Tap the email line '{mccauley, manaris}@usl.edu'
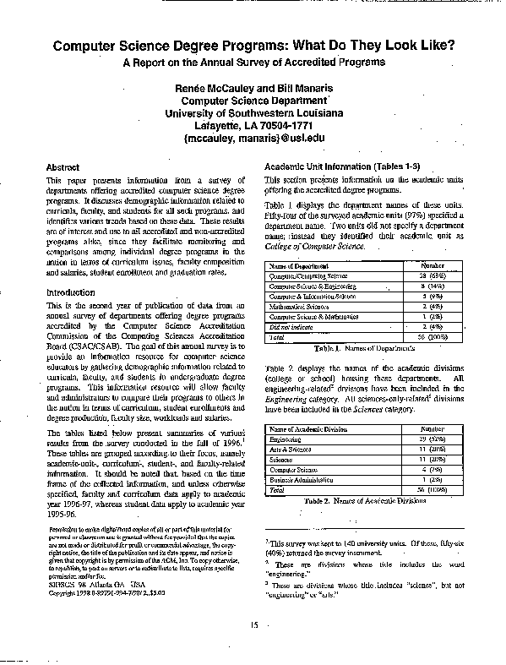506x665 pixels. tap(253, 139)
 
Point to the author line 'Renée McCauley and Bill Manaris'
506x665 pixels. tap(253, 88)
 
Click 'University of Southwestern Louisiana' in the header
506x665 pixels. tap(253, 113)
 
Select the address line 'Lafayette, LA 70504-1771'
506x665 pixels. tap(253, 126)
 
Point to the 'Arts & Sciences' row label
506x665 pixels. tap(291, 449)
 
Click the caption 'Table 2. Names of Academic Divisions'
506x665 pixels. tap(353, 499)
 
